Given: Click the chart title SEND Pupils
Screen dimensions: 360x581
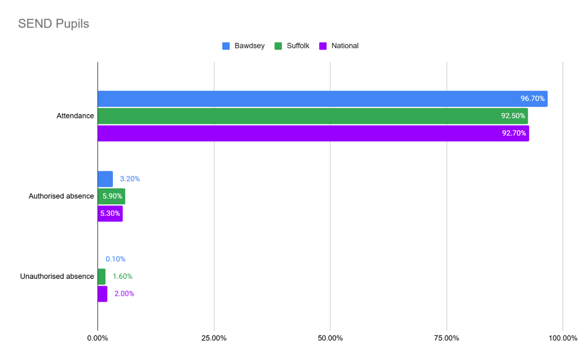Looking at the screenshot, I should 53,24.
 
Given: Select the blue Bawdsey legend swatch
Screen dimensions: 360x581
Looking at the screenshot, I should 226,46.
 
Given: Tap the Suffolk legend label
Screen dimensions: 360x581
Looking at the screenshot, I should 298,46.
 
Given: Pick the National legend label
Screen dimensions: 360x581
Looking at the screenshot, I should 345,46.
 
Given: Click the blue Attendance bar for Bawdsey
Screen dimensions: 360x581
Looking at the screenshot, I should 309,99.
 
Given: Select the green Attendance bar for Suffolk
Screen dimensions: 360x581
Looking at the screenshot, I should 309,116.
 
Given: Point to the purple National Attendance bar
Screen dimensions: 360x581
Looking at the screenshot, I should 309,133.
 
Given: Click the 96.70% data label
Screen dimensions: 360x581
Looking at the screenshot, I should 532,99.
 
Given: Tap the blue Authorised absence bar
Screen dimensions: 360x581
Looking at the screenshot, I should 105,179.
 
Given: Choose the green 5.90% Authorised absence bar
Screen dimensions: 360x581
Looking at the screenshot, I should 111,196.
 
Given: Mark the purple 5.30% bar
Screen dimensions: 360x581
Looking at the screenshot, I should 110,214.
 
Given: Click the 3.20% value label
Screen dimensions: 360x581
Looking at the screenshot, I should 130,179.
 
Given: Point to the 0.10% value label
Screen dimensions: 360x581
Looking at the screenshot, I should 116,259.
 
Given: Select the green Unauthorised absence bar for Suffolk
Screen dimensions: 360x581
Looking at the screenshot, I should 101,277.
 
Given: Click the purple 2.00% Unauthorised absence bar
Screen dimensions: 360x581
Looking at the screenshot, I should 102,294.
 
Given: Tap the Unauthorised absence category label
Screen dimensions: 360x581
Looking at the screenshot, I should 57,276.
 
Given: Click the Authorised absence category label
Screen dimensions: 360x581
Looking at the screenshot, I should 61,196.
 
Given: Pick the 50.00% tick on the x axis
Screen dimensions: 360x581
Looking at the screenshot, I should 330,338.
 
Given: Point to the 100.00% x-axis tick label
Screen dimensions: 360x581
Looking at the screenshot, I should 562,338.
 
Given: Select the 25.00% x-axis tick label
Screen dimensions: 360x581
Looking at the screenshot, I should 214,338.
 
